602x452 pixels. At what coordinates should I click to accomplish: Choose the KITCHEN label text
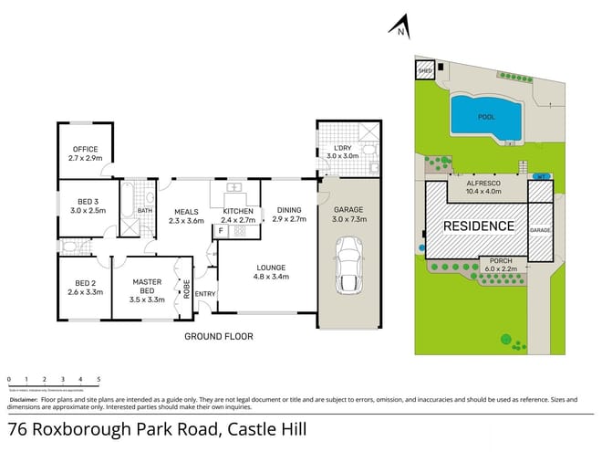point(238,211)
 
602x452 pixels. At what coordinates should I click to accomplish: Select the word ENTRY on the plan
point(205,293)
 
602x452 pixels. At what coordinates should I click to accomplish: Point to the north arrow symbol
point(399,27)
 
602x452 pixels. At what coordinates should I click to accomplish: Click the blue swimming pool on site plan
point(486,117)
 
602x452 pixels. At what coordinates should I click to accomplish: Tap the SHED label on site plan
point(424,69)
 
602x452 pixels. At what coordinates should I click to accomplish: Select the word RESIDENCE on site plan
point(479,226)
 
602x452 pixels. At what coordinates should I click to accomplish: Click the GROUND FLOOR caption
point(219,336)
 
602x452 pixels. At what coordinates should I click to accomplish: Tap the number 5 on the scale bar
point(99,378)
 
